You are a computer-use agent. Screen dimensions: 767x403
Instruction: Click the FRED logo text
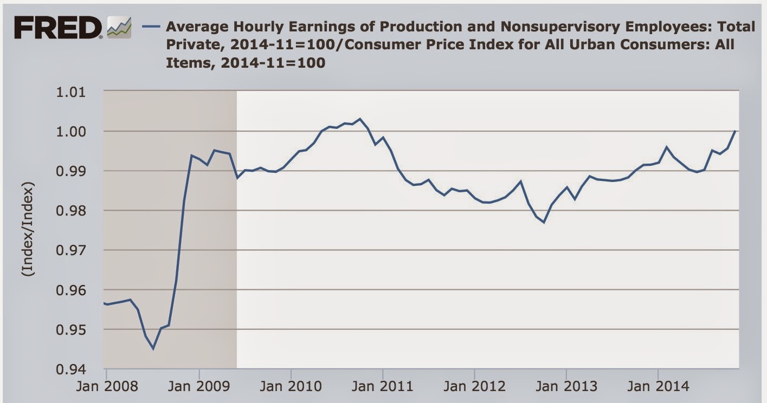coord(57,28)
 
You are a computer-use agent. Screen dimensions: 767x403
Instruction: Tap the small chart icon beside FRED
coord(119,28)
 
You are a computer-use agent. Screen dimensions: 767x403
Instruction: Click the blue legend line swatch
coord(151,27)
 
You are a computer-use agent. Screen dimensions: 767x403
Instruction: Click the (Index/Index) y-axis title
coord(28,229)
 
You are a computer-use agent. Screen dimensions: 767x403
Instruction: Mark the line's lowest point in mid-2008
coord(153,349)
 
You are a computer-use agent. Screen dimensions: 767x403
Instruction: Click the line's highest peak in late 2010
coord(359,119)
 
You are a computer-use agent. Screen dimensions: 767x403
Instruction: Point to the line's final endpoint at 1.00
coord(735,131)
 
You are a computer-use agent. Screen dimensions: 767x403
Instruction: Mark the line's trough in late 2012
coord(544,223)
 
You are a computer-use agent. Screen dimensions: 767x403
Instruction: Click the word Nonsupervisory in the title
coord(560,27)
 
